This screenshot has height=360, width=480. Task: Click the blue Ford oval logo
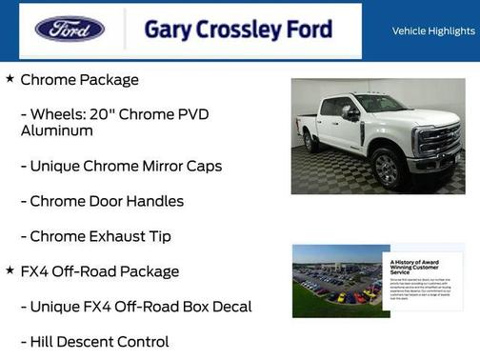pos(70,29)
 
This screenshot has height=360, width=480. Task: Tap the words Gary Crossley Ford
pos(238,30)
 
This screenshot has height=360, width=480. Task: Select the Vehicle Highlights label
pos(433,30)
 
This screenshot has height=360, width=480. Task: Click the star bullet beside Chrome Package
pos(10,78)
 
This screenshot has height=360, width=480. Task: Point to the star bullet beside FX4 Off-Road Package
pos(10,270)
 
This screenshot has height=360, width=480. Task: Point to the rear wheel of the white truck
pos(311,141)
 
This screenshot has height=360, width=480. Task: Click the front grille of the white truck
pos(439,141)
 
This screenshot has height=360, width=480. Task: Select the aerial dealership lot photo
pos(339,280)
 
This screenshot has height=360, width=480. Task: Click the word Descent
pos(93,341)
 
